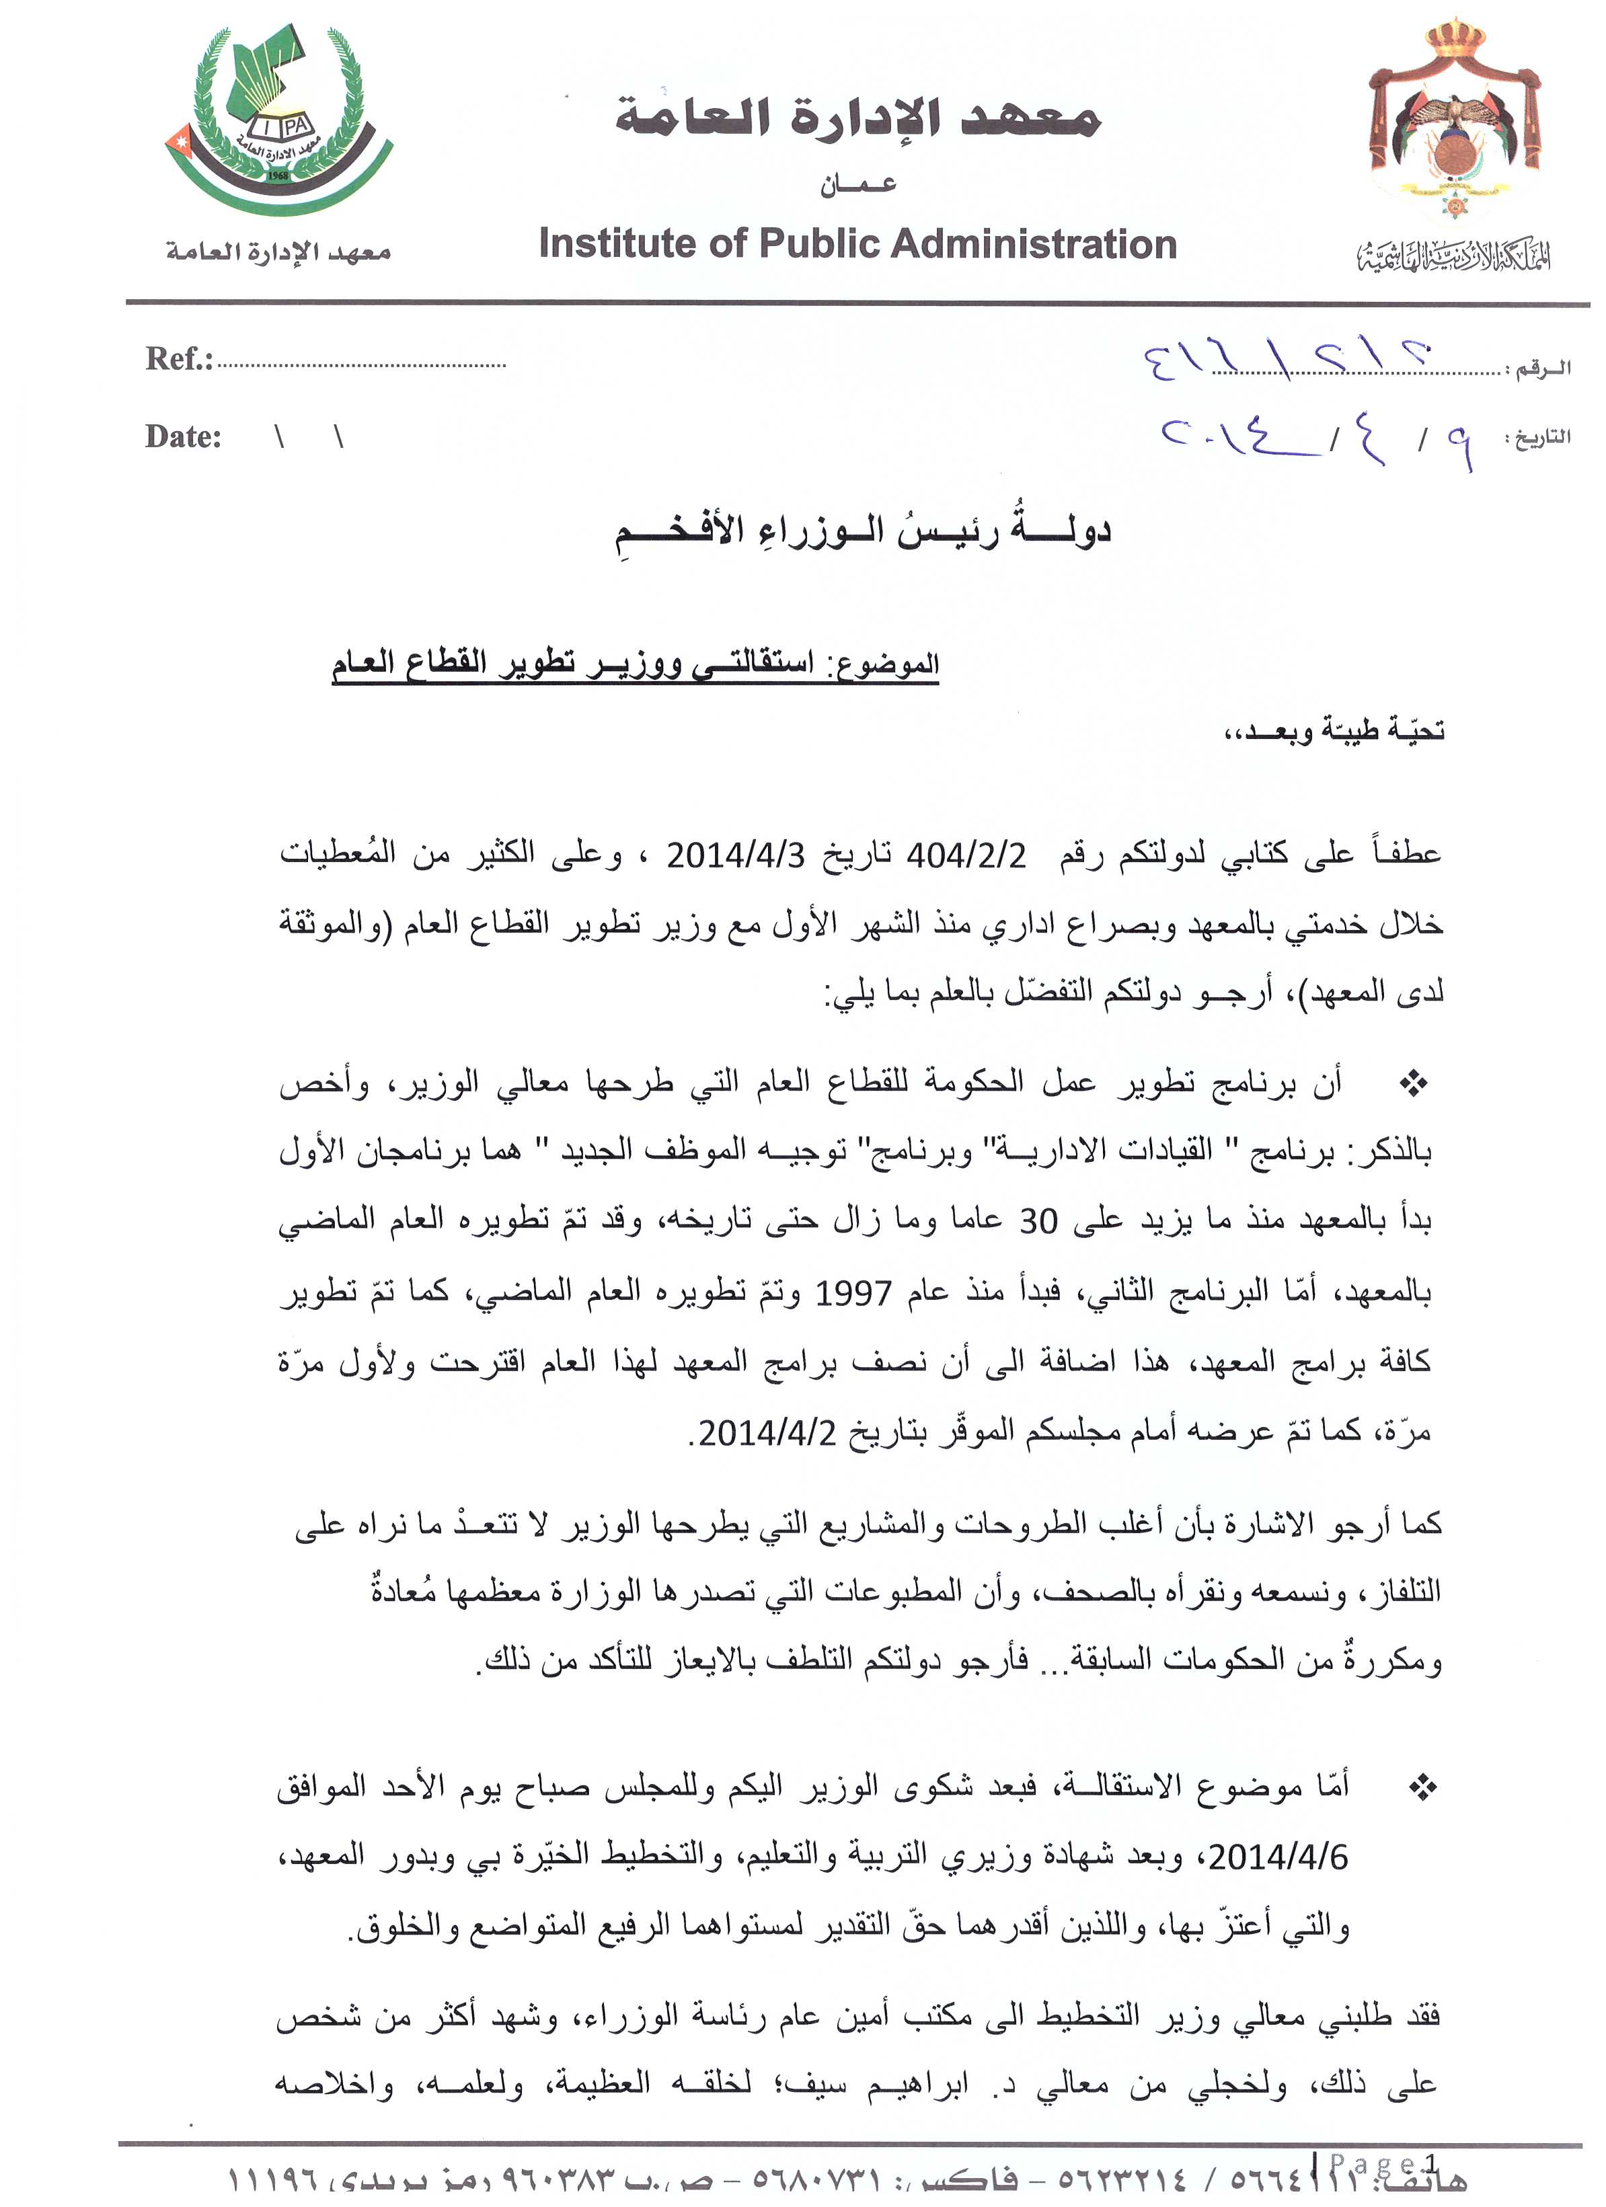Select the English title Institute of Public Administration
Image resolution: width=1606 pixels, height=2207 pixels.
point(857,244)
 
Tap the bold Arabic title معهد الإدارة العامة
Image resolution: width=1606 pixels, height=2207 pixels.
point(857,119)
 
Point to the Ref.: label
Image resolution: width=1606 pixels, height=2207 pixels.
point(179,359)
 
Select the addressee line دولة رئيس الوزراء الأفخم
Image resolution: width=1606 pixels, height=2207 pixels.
point(862,531)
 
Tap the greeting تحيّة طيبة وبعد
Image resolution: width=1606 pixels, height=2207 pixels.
point(1334,730)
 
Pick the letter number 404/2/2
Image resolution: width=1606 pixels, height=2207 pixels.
point(966,855)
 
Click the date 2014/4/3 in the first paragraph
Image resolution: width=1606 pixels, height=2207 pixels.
point(736,855)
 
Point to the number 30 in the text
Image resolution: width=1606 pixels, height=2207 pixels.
point(1038,1221)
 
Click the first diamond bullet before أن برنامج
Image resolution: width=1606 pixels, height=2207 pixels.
point(1413,1083)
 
